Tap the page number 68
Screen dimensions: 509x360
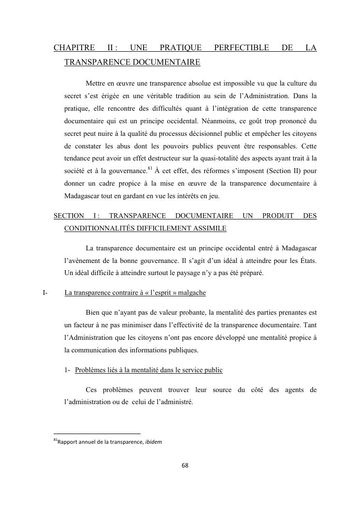tap(185, 465)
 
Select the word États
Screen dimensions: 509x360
tap(306, 261)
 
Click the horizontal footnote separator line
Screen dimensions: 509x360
tap(97, 434)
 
